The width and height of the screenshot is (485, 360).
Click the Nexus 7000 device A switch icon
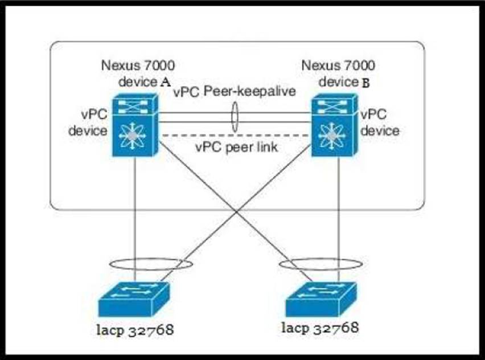[134, 126]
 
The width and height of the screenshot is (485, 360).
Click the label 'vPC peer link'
[236, 147]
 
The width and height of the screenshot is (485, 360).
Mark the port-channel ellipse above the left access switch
[150, 264]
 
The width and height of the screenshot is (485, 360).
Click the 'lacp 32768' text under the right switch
[320, 328]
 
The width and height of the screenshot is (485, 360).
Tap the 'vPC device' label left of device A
[88, 122]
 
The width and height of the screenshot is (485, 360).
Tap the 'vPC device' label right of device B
[380, 122]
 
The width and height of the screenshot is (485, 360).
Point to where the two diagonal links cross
[235, 212]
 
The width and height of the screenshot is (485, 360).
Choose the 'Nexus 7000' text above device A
[138, 64]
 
